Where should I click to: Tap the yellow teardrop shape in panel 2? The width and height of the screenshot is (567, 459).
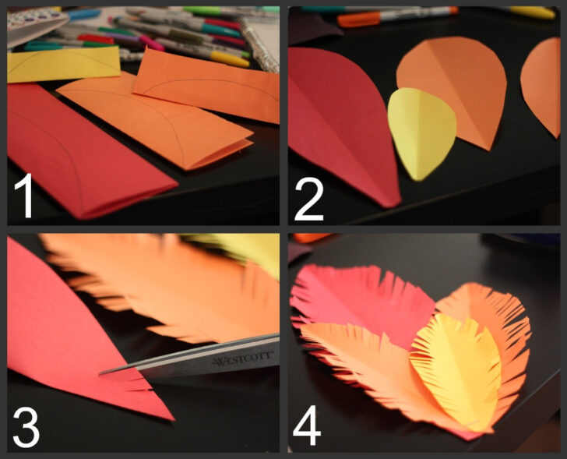[x=421, y=131]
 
